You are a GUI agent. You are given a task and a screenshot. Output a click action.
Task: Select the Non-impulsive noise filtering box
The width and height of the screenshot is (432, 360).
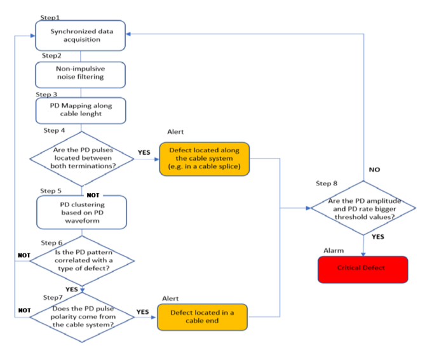81,74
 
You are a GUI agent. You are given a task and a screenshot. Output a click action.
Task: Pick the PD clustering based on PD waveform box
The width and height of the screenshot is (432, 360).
81,211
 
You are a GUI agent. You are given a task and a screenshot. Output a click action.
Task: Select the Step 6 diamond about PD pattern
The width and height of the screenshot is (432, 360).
82,260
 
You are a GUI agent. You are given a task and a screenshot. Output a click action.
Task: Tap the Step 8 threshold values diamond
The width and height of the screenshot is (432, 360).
362,208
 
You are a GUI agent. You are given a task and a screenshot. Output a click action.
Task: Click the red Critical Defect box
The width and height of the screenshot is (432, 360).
361,267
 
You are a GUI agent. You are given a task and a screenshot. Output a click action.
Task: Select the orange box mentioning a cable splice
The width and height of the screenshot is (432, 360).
201,157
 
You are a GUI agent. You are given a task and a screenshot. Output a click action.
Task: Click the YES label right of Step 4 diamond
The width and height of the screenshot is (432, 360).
144,152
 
